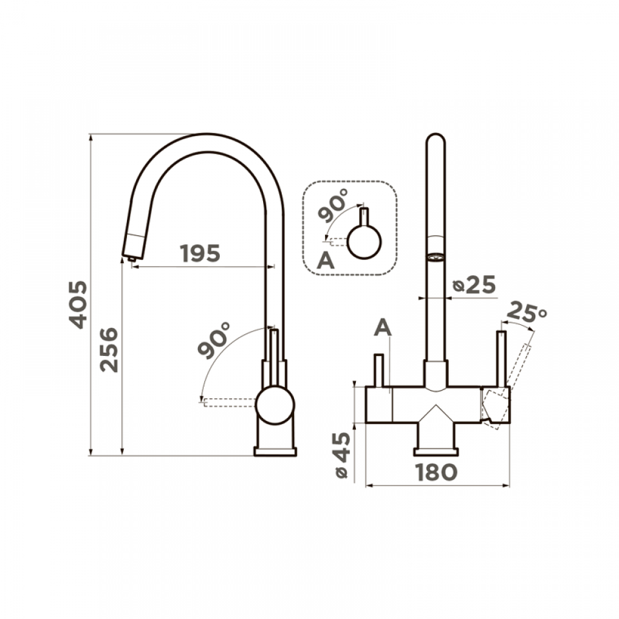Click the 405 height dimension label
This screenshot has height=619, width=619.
[x=78, y=304]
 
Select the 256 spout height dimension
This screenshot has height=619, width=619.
[x=108, y=349]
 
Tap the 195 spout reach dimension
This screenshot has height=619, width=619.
[x=200, y=253]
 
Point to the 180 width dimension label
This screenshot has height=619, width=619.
[x=437, y=472]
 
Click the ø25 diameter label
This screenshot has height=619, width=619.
[x=474, y=284]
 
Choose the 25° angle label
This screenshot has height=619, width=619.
[x=526, y=312]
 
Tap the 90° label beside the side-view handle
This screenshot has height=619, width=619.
[x=214, y=340]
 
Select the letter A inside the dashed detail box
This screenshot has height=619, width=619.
[x=326, y=260]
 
